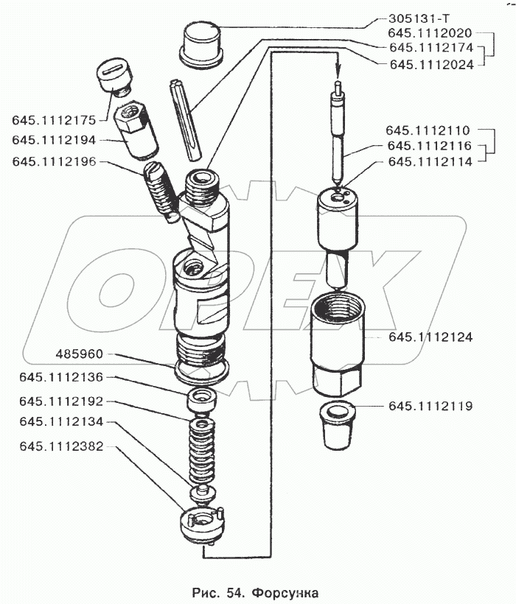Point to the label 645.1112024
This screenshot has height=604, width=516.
pos(430,63)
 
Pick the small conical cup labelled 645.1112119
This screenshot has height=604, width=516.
pos(338,425)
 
